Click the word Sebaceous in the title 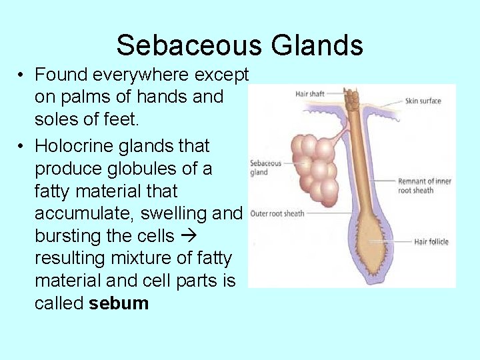pos(188,45)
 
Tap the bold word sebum pos(119,303)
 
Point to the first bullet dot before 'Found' pos(22,74)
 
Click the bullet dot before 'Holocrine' pos(22,146)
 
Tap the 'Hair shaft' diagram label pos(309,94)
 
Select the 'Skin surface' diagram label pos(423,101)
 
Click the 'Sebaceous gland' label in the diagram pos(265,167)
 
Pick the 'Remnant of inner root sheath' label pos(425,185)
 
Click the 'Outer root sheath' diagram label pos(277,214)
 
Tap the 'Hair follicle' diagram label pos(431,242)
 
